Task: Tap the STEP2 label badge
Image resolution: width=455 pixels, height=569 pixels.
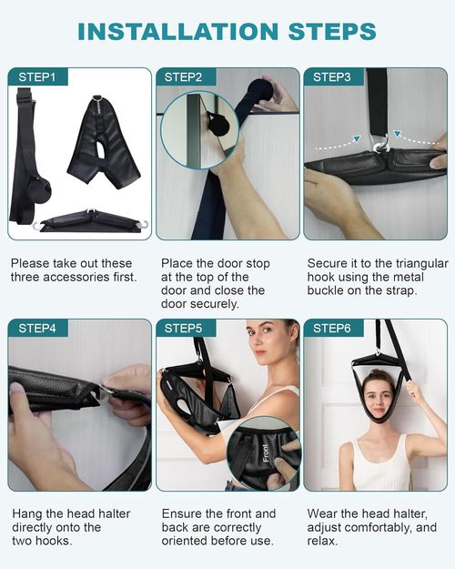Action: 184,77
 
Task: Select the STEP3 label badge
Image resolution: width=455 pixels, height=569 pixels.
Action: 331,77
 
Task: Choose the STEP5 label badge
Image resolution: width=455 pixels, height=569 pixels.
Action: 184,329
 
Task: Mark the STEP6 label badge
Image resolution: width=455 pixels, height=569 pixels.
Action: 331,329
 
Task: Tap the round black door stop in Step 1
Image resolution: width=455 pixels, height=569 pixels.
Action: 41,190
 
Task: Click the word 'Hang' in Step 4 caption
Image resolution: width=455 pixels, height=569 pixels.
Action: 26,513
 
